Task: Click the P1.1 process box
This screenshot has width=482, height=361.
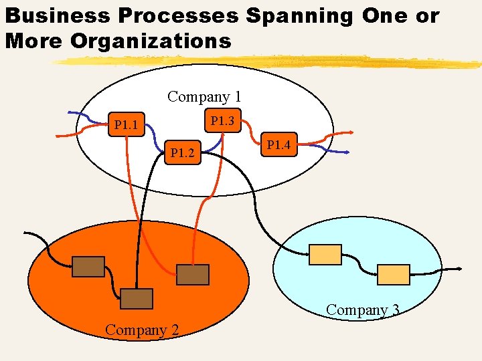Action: point(126,124)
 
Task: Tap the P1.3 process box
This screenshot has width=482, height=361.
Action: point(222,121)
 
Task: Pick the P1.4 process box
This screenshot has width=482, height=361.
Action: point(278,144)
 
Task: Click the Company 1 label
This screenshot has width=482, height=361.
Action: point(204,96)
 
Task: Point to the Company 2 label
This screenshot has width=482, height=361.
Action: point(142,329)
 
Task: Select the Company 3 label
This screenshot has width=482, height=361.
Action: point(363,310)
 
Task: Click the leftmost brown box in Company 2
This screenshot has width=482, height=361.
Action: point(88,266)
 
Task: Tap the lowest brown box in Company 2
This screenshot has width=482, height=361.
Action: point(137,298)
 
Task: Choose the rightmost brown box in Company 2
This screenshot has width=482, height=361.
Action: point(193,274)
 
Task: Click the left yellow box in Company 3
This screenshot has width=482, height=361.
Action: point(325,254)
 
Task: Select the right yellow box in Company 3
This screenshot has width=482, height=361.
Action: point(394,274)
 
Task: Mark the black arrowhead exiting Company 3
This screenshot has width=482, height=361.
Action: point(459,269)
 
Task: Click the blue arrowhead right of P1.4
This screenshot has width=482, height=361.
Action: point(347,153)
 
